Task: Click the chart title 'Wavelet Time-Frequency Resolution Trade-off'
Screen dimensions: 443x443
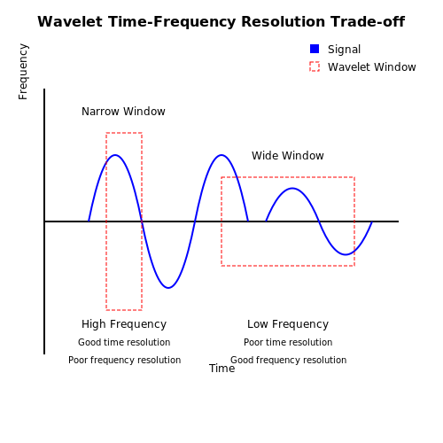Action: click(221, 22)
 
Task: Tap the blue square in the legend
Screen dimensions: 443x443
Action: click(315, 49)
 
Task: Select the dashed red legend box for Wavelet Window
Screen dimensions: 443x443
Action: click(315, 66)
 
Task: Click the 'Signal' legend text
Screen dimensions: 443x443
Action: click(344, 50)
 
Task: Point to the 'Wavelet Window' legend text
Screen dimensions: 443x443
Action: click(372, 67)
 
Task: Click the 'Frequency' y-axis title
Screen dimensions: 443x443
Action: click(23, 72)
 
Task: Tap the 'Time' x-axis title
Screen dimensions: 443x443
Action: click(222, 369)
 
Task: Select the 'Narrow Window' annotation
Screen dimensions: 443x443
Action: click(123, 112)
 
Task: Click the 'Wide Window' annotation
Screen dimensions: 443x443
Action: click(288, 156)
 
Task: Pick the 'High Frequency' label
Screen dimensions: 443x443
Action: click(124, 324)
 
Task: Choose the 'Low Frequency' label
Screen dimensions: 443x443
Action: click(288, 324)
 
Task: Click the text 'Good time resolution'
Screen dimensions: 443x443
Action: click(124, 342)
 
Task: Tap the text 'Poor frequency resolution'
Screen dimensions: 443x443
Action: click(124, 360)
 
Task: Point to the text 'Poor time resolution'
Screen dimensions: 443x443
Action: click(288, 342)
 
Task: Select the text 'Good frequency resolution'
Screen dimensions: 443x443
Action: click(289, 360)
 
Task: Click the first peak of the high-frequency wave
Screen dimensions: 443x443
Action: click(115, 155)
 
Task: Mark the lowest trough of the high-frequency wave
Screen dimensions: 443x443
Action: click(168, 288)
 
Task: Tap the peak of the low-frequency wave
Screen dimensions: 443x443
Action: click(292, 188)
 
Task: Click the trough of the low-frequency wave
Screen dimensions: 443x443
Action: click(346, 254)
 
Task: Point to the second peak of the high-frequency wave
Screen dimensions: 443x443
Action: click(221, 155)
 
